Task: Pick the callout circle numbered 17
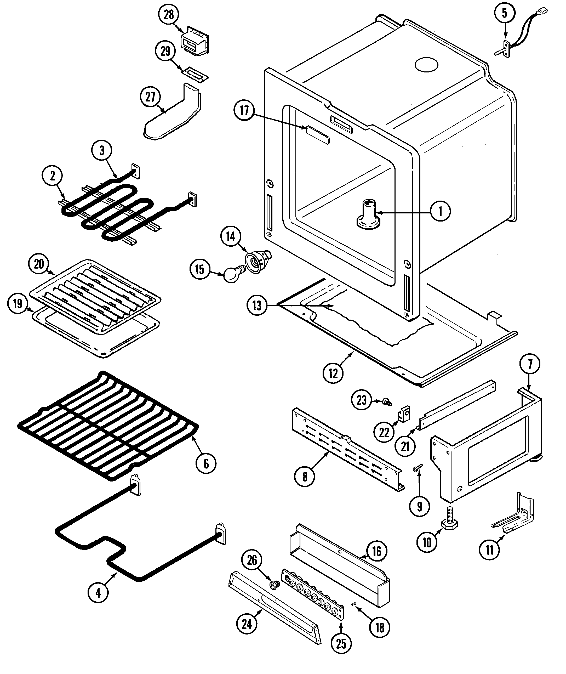[x=244, y=110]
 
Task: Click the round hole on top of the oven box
[x=426, y=65]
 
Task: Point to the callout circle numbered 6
[x=206, y=463]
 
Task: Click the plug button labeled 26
[x=274, y=585]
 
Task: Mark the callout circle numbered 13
[x=257, y=305]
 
